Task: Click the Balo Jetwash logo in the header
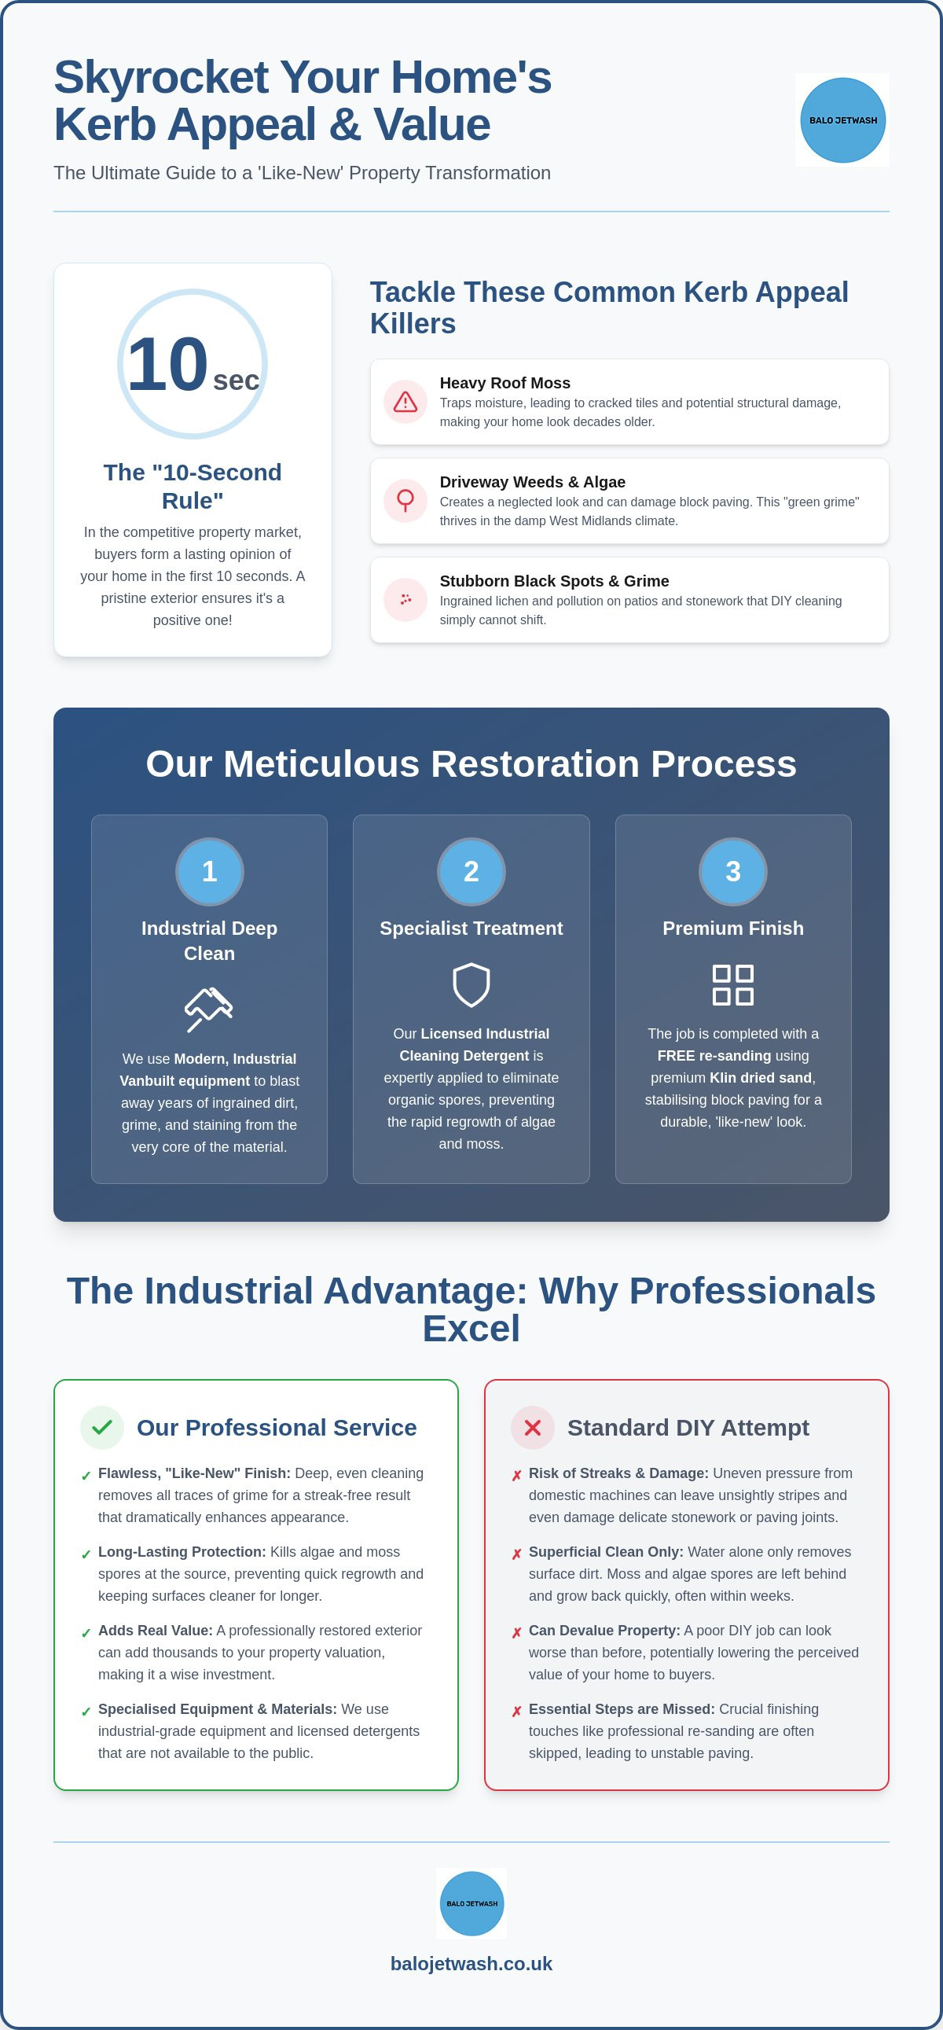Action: pos(842,120)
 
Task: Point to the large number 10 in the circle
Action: pos(167,364)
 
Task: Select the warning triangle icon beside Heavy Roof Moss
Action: pos(405,402)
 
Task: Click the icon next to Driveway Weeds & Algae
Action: pos(405,500)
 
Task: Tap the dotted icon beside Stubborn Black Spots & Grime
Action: pos(405,600)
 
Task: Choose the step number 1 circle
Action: pos(210,872)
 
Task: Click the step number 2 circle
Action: pos(471,872)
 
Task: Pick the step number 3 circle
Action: pos(732,872)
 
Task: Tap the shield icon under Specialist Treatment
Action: pos(471,985)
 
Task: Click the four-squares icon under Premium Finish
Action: pos(732,985)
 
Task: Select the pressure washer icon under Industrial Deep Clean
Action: pos(209,1009)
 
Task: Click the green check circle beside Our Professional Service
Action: pos(102,1427)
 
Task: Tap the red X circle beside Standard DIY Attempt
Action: pos(533,1427)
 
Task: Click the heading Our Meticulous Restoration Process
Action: pos(471,763)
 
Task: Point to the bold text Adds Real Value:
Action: pos(155,1631)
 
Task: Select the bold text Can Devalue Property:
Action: pos(604,1631)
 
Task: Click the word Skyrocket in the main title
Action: pos(162,77)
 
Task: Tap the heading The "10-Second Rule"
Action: pos(193,486)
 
